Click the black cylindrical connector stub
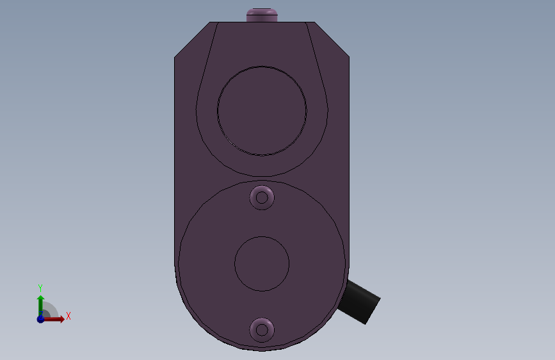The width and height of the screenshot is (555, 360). coord(359,302)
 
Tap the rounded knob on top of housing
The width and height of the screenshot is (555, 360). coord(262,15)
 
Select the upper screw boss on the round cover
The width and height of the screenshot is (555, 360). coord(262,198)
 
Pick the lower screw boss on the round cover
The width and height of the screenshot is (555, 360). coord(262,331)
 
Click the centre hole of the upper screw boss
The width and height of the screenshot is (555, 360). coord(262,198)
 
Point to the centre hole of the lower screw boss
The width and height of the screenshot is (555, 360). coord(262,331)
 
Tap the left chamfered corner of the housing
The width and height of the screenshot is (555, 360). coord(192,39)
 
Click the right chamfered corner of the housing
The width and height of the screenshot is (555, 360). coord(332,39)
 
